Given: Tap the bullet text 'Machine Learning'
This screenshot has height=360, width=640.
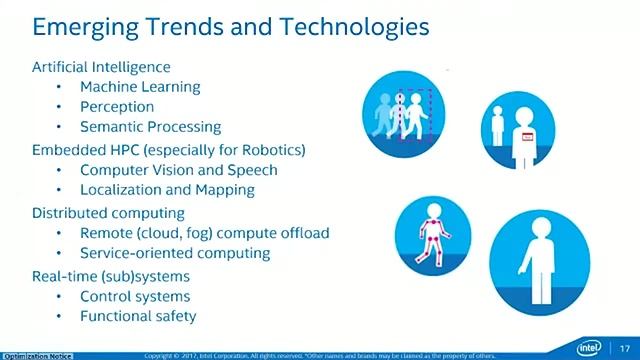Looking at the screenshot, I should coord(140,87).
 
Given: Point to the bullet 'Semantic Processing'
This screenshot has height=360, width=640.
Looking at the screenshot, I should coord(150,127).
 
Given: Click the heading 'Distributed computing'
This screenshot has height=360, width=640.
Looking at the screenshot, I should coord(108,213).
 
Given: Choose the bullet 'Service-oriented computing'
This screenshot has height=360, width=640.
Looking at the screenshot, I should coord(175,253).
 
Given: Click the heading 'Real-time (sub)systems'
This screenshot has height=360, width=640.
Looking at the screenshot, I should coord(110,276).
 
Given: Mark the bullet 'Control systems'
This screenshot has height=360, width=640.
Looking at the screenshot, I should coord(135,296).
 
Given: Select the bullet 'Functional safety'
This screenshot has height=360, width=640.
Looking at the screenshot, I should coord(138,316).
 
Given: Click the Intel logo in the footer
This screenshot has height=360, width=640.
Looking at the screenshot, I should coord(591,346).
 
